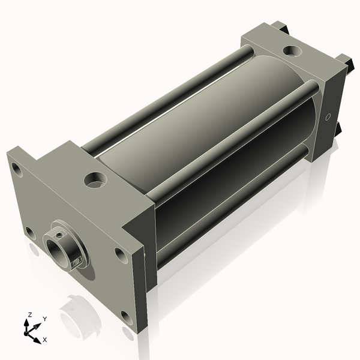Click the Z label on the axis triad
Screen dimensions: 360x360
tap(29, 314)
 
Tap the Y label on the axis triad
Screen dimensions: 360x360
tap(45, 319)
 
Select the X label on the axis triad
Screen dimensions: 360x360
tap(45, 340)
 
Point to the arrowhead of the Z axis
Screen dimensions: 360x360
tap(26, 323)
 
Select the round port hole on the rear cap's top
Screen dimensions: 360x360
tap(292, 51)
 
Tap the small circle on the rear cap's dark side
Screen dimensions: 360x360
tap(328, 117)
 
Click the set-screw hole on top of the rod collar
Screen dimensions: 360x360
tap(59, 235)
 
